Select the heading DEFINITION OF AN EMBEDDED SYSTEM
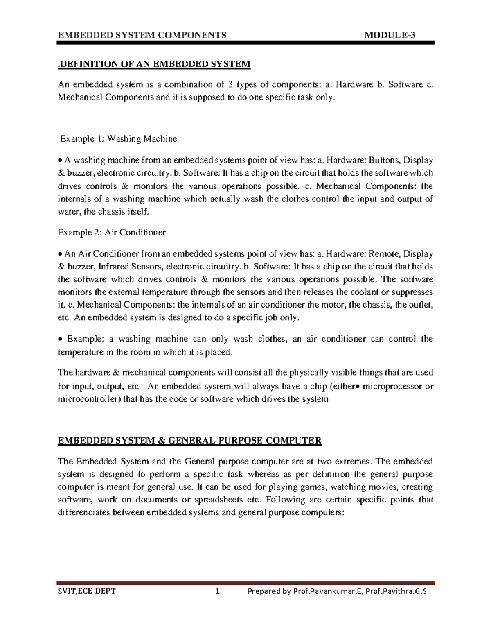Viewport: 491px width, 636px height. pos(154,64)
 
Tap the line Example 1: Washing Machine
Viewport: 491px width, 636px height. pos(119,139)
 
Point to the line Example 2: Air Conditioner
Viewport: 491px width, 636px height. pos(112,233)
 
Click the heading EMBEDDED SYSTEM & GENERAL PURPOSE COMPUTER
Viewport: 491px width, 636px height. pos(190,441)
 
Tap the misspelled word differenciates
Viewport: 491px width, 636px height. pos(85,512)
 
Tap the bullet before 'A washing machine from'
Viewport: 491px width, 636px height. pos(60,161)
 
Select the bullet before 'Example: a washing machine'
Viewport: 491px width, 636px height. pos(60,340)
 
